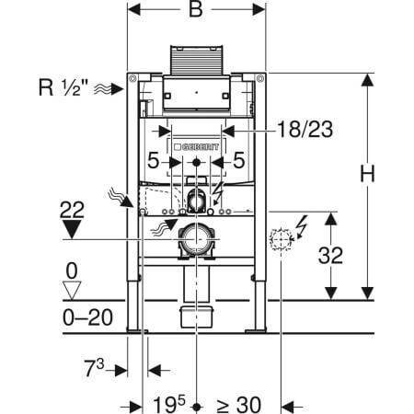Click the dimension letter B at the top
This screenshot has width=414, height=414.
(x=193, y=13)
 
